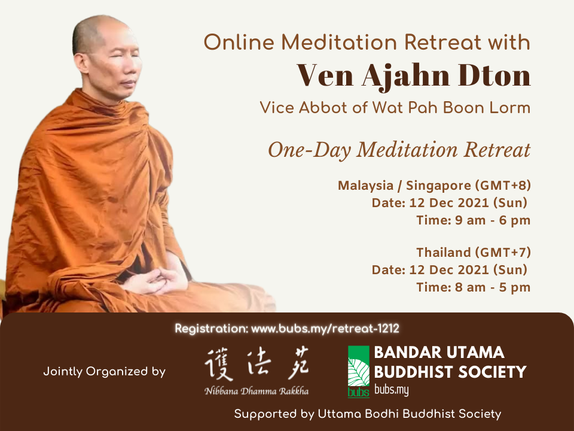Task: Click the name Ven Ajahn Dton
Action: click(413, 76)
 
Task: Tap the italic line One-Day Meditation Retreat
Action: click(399, 150)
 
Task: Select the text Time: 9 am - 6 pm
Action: click(474, 220)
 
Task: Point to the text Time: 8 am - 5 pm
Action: click(474, 287)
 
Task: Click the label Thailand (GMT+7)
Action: click(474, 253)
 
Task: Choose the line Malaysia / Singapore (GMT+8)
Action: click(434, 186)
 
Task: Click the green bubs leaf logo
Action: click(358, 372)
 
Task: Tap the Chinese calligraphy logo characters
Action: click(257, 364)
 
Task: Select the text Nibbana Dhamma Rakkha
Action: click(257, 391)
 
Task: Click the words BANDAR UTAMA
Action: click(439, 353)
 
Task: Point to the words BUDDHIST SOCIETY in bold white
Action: click(450, 372)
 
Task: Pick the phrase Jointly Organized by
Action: click(104, 372)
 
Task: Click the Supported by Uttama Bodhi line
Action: click(368, 414)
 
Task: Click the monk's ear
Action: click(80, 63)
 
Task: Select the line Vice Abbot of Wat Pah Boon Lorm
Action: click(395, 108)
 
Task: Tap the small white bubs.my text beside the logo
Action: click(391, 390)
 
